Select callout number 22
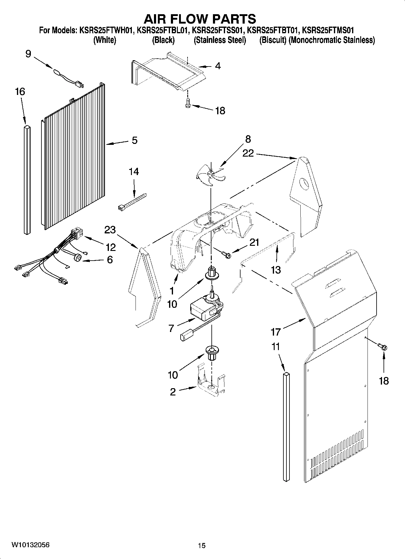click(x=248, y=153)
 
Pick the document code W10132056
click(x=30, y=545)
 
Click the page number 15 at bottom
click(x=202, y=545)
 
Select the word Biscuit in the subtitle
click(x=273, y=40)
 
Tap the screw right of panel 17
click(x=383, y=347)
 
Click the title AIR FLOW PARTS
click(x=200, y=19)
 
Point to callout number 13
click(x=276, y=269)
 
